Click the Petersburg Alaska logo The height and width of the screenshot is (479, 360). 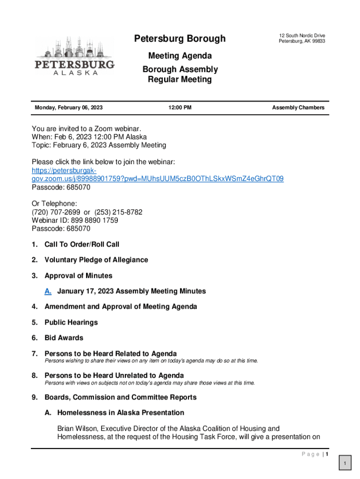click(74, 57)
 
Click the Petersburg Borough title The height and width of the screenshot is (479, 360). click(180, 38)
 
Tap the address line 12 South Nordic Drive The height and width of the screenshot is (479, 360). click(302, 36)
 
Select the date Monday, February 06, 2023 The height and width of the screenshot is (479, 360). click(69, 108)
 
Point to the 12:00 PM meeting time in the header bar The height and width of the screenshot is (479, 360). click(180, 108)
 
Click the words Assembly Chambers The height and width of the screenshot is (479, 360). click(298, 108)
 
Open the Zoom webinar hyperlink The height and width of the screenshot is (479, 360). click(158, 179)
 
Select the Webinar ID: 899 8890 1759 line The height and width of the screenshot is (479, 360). click(75, 220)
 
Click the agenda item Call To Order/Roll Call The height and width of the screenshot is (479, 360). click(82, 245)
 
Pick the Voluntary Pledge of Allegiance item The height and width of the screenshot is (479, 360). click(96, 260)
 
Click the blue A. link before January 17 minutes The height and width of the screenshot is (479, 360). click(48, 291)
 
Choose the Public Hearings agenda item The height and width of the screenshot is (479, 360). click(71, 323)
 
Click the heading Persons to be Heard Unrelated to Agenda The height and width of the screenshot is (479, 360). click(114, 376)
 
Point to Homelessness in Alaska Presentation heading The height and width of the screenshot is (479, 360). click(121, 413)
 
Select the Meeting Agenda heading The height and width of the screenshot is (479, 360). click(180, 56)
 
